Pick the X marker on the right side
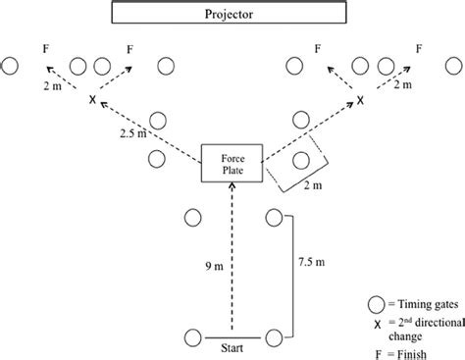(360, 101)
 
